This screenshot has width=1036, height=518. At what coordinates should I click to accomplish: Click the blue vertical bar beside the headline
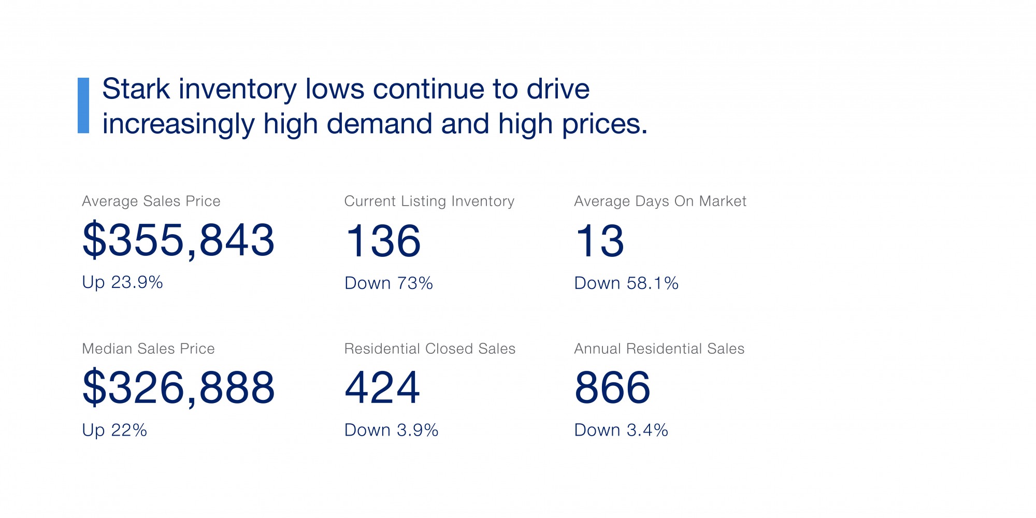[x=83, y=106]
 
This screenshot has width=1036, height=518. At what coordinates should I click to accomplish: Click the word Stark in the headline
[x=136, y=89]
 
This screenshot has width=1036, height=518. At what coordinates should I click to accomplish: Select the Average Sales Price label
[x=151, y=201]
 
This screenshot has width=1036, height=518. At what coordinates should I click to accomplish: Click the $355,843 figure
[x=178, y=240]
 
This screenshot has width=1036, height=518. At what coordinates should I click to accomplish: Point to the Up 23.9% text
[x=122, y=282]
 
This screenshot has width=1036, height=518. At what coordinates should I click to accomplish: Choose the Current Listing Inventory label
[x=429, y=201]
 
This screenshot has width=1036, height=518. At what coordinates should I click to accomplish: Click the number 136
[x=383, y=241]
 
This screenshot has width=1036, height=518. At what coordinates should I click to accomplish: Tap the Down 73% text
[x=388, y=283]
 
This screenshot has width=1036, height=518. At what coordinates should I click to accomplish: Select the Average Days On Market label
[x=660, y=201]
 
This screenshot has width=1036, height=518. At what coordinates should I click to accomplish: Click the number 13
[x=600, y=241]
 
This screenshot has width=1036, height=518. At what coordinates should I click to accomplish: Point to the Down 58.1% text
[x=626, y=283]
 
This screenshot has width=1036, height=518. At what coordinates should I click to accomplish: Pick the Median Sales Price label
[x=148, y=349]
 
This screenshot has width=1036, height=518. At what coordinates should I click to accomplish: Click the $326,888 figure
[x=178, y=387]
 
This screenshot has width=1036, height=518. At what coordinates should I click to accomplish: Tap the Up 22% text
[x=114, y=430]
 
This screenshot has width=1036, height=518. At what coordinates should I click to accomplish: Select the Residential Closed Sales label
[x=430, y=349]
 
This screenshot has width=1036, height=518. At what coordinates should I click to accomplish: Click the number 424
[x=382, y=387]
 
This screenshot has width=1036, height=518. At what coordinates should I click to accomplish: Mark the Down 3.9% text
[x=391, y=430]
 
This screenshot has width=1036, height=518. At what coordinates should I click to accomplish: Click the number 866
[x=612, y=387]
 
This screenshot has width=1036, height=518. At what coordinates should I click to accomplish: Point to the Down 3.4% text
[x=621, y=430]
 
